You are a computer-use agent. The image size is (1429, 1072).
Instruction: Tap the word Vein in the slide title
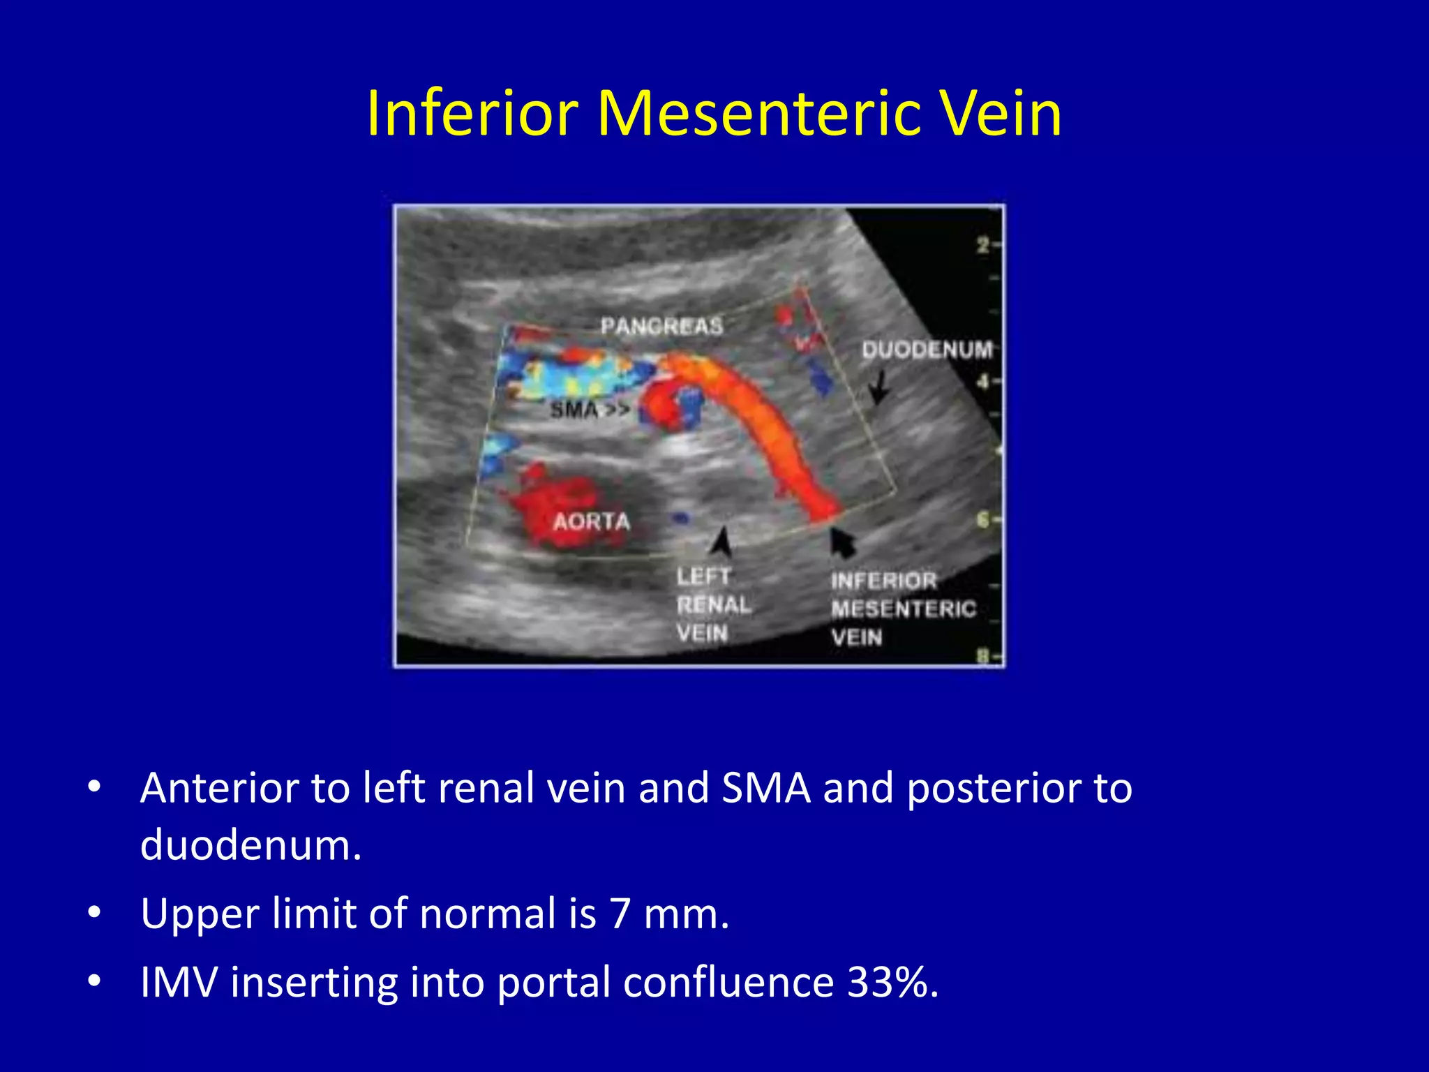click(1000, 113)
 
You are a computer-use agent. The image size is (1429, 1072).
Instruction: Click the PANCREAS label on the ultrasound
click(661, 326)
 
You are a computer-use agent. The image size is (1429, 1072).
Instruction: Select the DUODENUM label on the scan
click(927, 350)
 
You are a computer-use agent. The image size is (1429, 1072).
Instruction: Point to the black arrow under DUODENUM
click(879, 388)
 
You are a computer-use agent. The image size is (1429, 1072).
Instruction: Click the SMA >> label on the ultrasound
click(589, 410)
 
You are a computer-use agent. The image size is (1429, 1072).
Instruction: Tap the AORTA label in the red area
click(591, 521)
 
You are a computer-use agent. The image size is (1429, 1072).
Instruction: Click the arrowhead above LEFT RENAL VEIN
click(723, 542)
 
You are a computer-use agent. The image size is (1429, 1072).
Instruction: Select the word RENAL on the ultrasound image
click(713, 605)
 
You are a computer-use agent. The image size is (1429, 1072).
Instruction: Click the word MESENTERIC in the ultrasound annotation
click(903, 609)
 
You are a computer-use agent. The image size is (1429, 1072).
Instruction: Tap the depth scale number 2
click(983, 245)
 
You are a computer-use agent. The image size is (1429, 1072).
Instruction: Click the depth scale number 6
click(983, 520)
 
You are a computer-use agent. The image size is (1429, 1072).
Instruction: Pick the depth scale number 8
click(983, 657)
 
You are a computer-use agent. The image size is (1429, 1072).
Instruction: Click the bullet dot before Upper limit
click(95, 913)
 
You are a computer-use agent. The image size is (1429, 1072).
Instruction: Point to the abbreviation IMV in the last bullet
click(179, 982)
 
